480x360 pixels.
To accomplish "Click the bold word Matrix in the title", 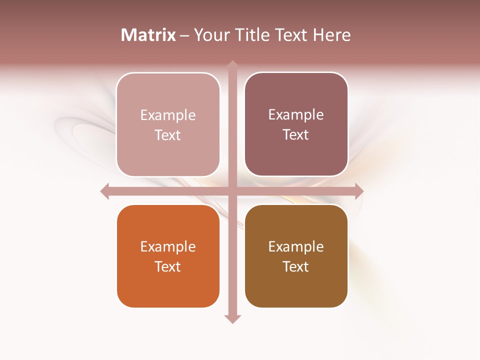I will click(148, 35).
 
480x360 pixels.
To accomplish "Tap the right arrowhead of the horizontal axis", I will click(359, 191).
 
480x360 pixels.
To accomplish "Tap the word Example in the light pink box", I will click(168, 115).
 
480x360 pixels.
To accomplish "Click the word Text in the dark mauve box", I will click(296, 135).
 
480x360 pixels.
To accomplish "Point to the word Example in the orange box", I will click(168, 247).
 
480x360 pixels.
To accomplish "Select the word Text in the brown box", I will click(296, 266).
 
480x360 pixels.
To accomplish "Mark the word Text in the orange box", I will click(168, 266).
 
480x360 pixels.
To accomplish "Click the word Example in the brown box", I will click(296, 247).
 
